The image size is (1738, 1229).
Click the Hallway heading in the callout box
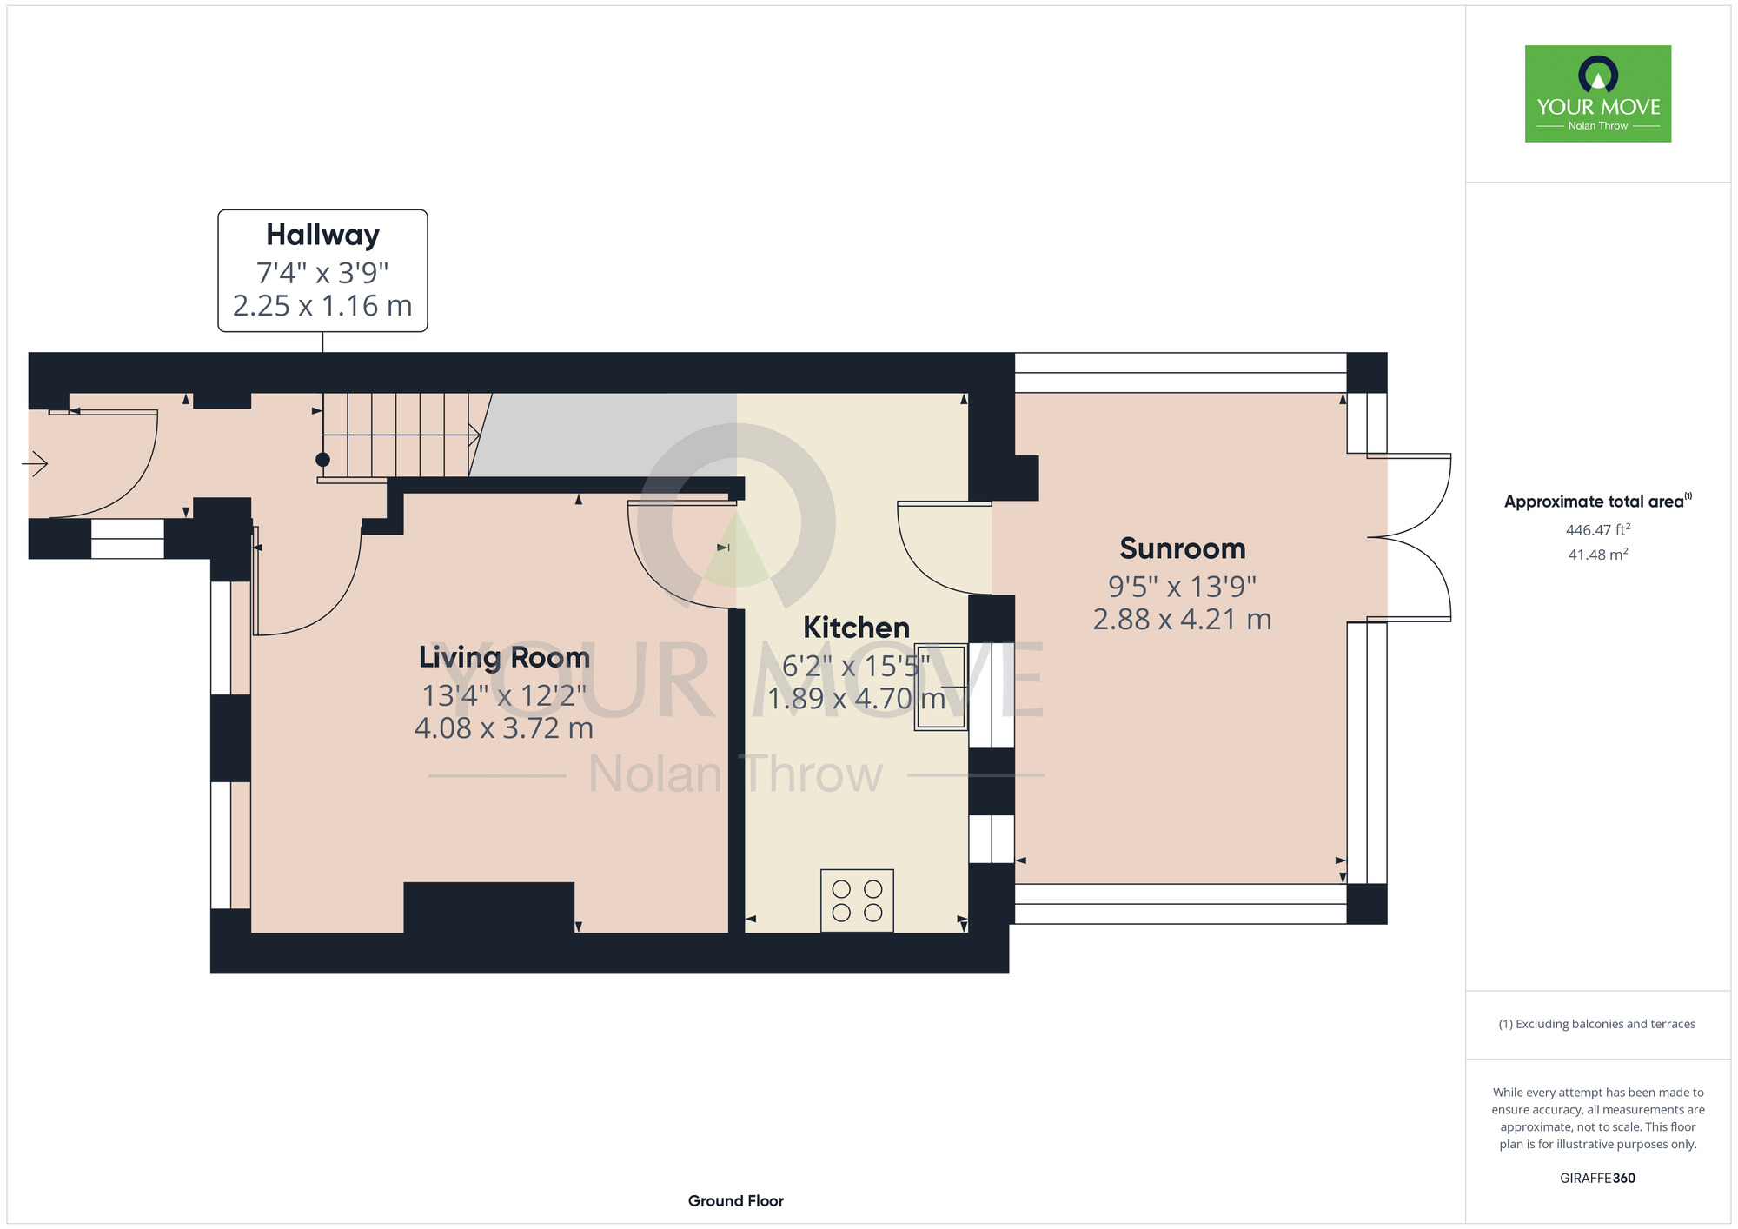pos(322,236)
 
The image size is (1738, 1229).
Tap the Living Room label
pos(504,657)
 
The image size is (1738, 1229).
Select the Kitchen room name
pos(856,628)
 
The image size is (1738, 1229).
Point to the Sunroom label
pos(1182,548)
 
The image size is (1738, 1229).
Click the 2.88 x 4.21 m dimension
pos(1182,620)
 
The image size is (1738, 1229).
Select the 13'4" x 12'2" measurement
pos(504,695)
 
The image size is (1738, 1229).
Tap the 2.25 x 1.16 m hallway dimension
pos(322,306)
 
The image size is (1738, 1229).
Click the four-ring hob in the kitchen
pos(857,900)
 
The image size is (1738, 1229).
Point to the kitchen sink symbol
pos(941,687)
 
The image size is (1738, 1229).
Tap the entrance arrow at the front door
pos(35,465)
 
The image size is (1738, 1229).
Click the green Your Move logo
pos(1598,94)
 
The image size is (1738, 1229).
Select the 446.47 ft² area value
pos(1598,529)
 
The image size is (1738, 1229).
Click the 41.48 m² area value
pos(1598,555)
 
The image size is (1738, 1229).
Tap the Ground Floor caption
pos(736,1201)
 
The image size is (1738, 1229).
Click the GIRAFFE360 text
pos(1598,1179)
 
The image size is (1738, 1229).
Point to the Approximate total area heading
pos(1598,502)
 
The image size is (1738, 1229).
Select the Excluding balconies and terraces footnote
pos(1597,1024)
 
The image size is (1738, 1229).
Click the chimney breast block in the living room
pos(489,908)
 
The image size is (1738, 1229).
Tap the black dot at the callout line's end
pos(323,460)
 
